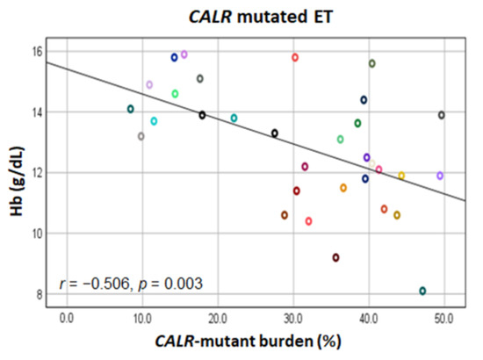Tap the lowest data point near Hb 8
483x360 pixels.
click(x=422, y=291)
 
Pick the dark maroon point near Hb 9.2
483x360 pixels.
click(x=335, y=257)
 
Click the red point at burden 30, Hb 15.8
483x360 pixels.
click(x=295, y=57)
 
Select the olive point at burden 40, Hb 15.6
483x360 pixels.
click(x=371, y=63)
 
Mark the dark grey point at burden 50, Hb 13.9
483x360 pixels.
click(x=441, y=115)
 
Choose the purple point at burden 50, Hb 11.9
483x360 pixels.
click(x=440, y=176)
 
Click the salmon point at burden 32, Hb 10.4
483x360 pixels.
click(x=309, y=221)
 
